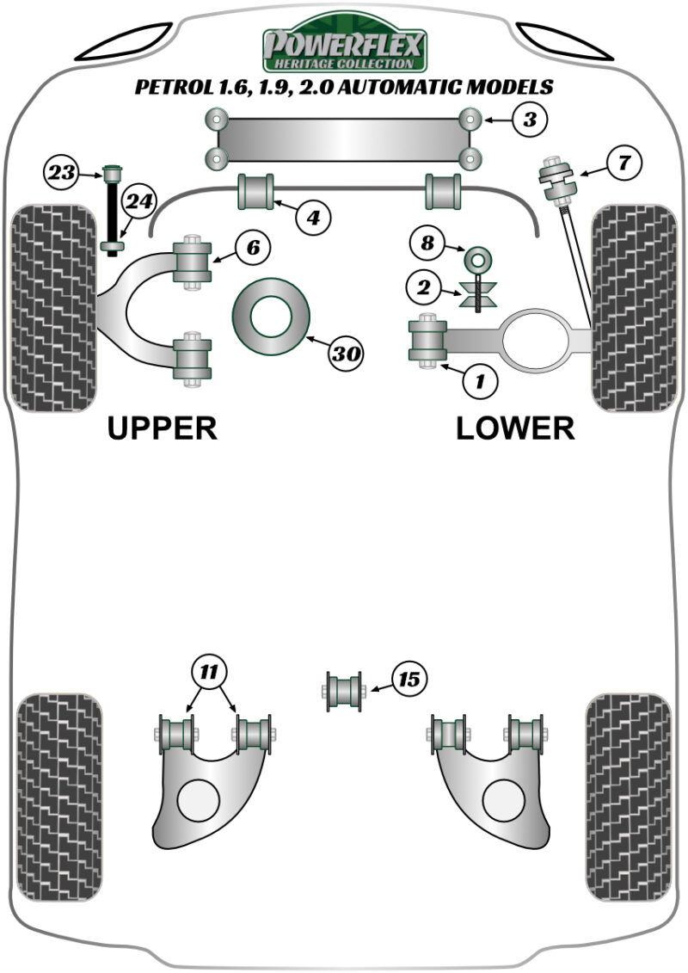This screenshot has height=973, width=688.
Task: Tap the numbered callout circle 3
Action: coord(529,119)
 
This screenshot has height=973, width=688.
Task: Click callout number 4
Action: coord(313,218)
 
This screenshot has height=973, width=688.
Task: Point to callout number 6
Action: coord(253,249)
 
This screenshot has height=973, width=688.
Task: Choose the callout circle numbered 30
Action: coord(346,354)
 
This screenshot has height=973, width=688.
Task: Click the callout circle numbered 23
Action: coord(61,173)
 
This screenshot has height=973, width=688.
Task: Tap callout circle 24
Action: coord(139,202)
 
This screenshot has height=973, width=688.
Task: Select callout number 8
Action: coord(427,243)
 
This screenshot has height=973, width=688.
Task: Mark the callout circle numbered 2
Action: coord(424,287)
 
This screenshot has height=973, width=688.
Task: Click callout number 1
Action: coord(480,381)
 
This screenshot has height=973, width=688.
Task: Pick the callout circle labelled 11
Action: coord(209,672)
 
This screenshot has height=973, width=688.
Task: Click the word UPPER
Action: coord(162,428)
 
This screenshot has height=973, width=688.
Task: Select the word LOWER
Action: coord(515,428)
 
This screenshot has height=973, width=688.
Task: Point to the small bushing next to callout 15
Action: coord(344,692)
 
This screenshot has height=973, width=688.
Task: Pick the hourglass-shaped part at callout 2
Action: coord(477,293)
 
